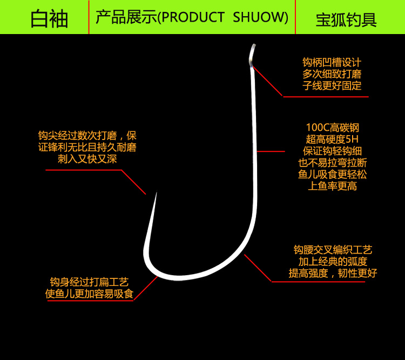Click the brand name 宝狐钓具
click(x=346, y=20)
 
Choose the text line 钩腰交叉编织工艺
click(x=333, y=250)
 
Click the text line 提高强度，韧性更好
click(x=333, y=273)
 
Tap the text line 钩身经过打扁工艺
click(x=89, y=283)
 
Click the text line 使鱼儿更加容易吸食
click(x=89, y=295)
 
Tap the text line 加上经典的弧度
click(x=333, y=262)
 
